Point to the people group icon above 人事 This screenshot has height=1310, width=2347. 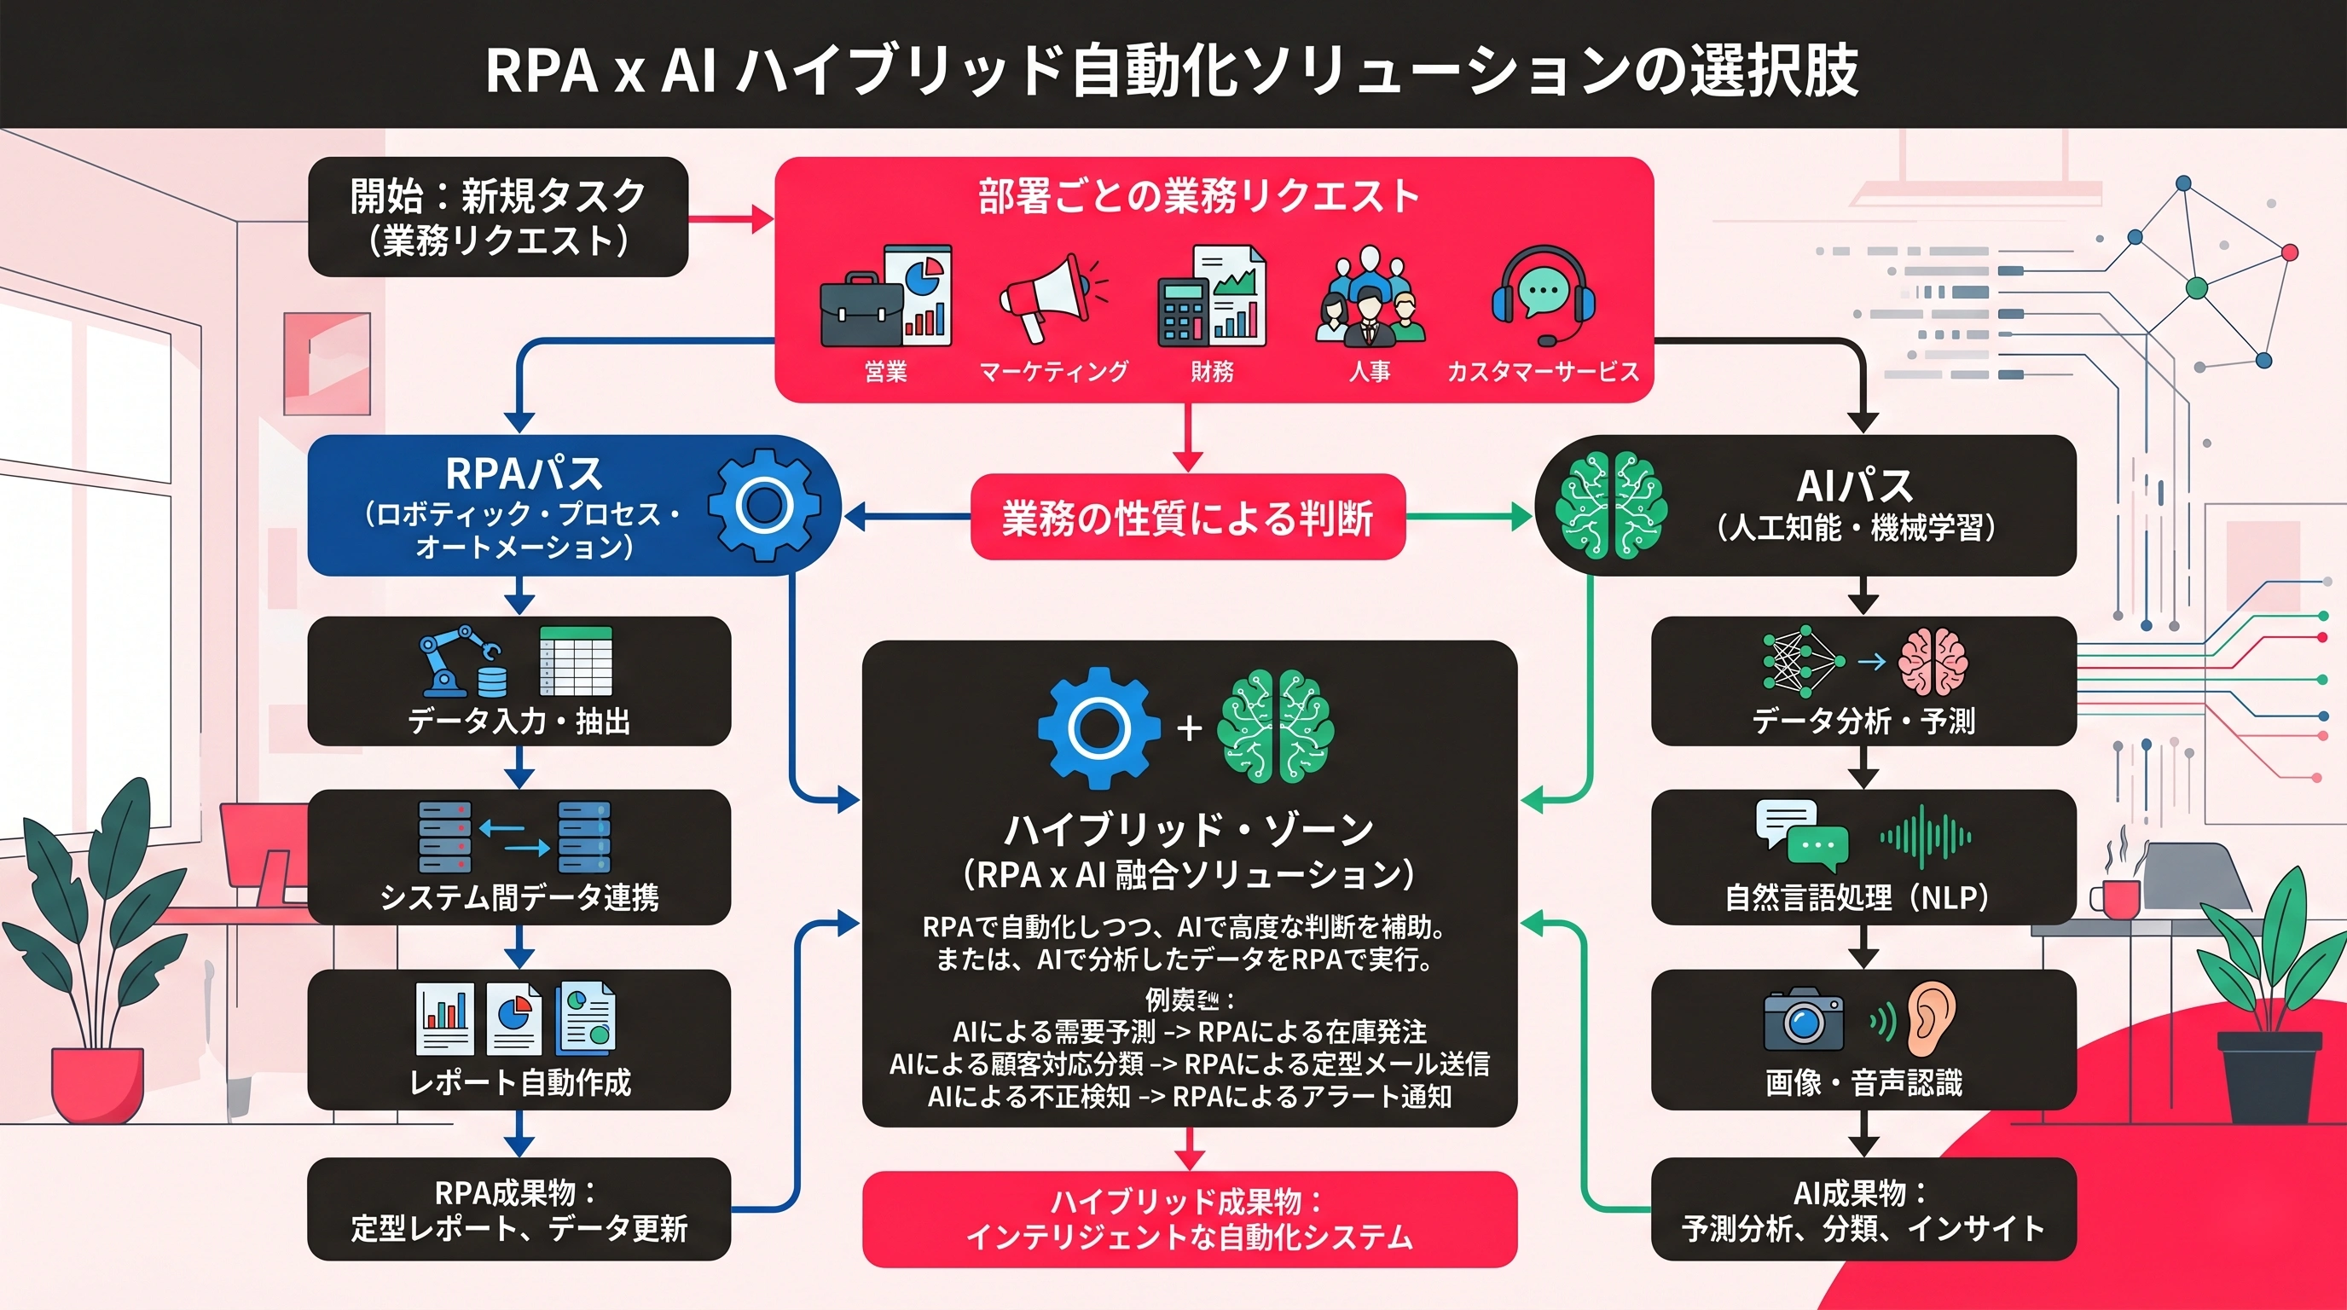[x=1370, y=296]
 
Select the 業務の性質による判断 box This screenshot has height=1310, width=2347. [x=1188, y=517]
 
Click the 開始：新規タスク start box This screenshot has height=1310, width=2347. [x=498, y=217]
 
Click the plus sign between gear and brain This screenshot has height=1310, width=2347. [x=1189, y=727]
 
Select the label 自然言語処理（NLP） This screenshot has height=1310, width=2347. [x=1863, y=897]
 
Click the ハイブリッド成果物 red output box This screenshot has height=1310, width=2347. [x=1189, y=1219]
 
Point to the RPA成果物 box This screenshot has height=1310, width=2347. [x=519, y=1210]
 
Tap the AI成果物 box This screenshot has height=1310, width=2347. [x=1863, y=1210]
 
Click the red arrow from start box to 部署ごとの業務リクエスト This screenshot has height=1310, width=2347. [x=730, y=218]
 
